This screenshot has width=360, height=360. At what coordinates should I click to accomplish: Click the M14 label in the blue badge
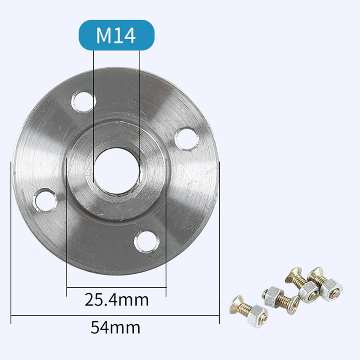116,35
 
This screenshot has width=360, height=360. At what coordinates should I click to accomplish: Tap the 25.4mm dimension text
117,300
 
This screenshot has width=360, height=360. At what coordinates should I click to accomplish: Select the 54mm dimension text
115,328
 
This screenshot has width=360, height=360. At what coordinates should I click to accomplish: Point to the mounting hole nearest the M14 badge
83,101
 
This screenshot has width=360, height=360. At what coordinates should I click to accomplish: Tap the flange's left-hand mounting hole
45,200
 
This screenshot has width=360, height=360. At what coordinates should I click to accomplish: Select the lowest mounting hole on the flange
146,241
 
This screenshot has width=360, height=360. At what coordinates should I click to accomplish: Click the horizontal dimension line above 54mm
115,315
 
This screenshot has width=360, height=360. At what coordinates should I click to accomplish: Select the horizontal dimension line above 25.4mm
117,287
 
